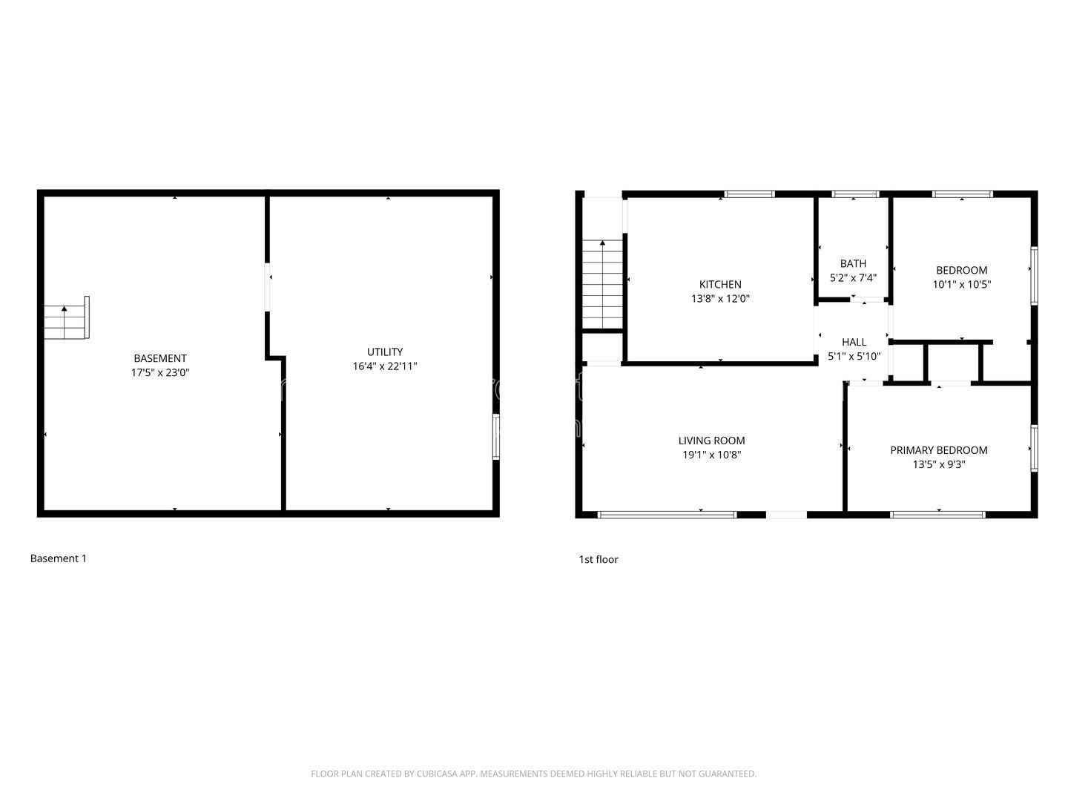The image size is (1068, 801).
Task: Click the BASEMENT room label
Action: pyautogui.click(x=160, y=358)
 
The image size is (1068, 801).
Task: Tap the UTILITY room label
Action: pyautogui.click(x=384, y=352)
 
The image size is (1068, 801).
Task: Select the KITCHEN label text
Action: pyautogui.click(x=720, y=285)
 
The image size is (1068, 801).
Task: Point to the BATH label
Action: pyautogui.click(x=853, y=263)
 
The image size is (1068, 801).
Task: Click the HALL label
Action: pyautogui.click(x=854, y=342)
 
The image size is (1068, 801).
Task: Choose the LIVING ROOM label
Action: pyautogui.click(x=711, y=441)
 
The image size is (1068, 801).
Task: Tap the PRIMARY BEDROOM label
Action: pyautogui.click(x=938, y=450)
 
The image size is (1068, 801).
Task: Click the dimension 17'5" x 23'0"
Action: pyautogui.click(x=160, y=372)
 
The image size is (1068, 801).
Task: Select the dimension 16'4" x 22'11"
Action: pyautogui.click(x=384, y=366)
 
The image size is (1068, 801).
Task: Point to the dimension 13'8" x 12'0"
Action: pyautogui.click(x=720, y=299)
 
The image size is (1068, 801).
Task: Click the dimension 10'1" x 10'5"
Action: pyautogui.click(x=961, y=285)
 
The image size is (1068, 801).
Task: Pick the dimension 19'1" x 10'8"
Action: pyautogui.click(x=711, y=455)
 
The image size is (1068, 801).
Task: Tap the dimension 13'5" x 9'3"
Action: pyautogui.click(x=938, y=464)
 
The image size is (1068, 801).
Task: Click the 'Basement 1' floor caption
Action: pyautogui.click(x=59, y=558)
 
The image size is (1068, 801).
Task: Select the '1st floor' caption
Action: pyautogui.click(x=599, y=559)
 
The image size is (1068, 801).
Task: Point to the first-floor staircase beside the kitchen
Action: pyautogui.click(x=602, y=285)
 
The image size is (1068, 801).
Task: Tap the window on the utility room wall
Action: pyautogui.click(x=496, y=436)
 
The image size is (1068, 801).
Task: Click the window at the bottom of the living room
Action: pyautogui.click(x=667, y=515)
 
